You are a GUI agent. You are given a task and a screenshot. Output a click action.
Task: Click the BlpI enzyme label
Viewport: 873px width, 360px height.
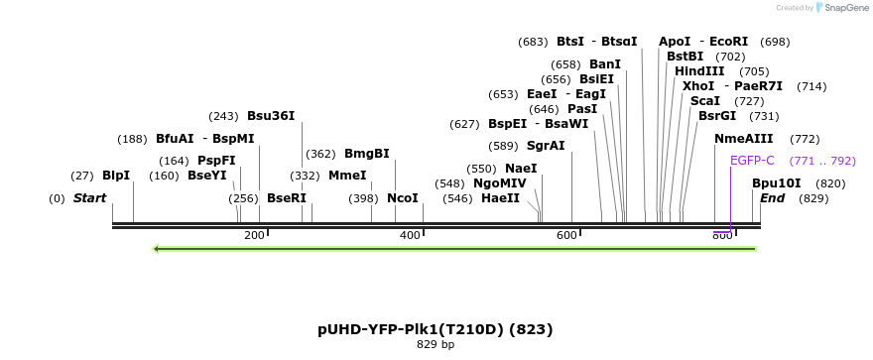tap(116, 176)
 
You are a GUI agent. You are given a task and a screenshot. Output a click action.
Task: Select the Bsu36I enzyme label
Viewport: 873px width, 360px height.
tap(271, 116)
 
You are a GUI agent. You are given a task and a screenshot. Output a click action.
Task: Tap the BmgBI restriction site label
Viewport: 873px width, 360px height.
tap(366, 154)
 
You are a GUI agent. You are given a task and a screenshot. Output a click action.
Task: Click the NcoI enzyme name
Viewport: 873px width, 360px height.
tap(402, 198)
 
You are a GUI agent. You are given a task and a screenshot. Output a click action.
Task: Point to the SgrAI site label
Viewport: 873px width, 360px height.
tap(546, 146)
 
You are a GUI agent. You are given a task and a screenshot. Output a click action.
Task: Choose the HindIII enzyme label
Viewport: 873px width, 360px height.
tap(699, 71)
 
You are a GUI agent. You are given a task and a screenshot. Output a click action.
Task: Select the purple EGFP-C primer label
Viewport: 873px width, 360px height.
tap(752, 161)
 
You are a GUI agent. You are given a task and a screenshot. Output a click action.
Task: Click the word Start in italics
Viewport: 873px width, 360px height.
tap(89, 198)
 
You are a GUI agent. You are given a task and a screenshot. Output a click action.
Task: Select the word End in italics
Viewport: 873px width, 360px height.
tap(773, 198)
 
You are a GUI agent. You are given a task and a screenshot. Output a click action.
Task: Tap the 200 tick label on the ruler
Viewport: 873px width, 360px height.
tap(254, 235)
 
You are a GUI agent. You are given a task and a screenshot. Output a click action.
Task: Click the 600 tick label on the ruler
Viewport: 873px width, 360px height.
tap(566, 235)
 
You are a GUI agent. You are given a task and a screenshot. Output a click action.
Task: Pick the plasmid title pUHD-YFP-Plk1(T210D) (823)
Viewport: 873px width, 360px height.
tap(435, 329)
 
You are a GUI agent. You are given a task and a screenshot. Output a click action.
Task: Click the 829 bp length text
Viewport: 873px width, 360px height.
tap(435, 345)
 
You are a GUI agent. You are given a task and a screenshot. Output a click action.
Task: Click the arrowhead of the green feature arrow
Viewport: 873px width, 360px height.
tap(156, 248)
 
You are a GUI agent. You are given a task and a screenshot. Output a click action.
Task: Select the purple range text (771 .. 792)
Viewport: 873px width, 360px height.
tap(822, 161)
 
